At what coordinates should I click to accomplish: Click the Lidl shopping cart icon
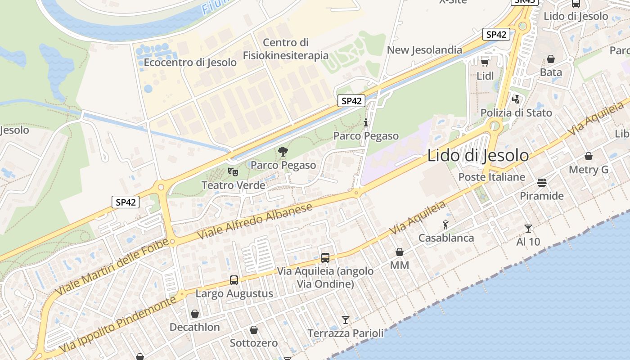pyautogui.click(x=485, y=62)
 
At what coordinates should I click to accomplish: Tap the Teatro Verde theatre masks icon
pyautogui.click(x=233, y=171)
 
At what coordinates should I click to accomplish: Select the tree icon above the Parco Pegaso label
pyautogui.click(x=283, y=152)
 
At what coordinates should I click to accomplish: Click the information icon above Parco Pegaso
pyautogui.click(x=366, y=122)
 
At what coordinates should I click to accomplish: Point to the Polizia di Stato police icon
pyautogui.click(x=516, y=99)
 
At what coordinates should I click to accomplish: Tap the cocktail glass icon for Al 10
pyautogui.click(x=528, y=228)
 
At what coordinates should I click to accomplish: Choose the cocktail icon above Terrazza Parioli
pyautogui.click(x=345, y=320)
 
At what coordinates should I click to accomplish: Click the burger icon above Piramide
pyautogui.click(x=542, y=183)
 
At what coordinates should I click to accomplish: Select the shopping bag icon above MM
pyautogui.click(x=399, y=252)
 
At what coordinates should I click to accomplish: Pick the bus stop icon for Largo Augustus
pyautogui.click(x=234, y=280)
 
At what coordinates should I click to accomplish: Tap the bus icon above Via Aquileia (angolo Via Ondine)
pyautogui.click(x=325, y=258)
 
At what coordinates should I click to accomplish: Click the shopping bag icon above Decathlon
pyautogui.click(x=195, y=314)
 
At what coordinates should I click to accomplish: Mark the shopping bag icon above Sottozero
pyautogui.click(x=254, y=330)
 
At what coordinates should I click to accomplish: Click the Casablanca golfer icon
pyautogui.click(x=446, y=224)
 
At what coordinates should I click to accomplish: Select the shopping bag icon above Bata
pyautogui.click(x=551, y=59)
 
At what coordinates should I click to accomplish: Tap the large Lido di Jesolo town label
pyautogui.click(x=478, y=156)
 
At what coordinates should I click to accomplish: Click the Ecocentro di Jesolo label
pyautogui.click(x=190, y=63)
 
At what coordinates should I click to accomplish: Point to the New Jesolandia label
pyautogui.click(x=424, y=50)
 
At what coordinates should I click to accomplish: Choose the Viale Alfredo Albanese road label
pyautogui.click(x=255, y=221)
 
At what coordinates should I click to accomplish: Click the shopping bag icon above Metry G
pyautogui.click(x=588, y=156)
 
